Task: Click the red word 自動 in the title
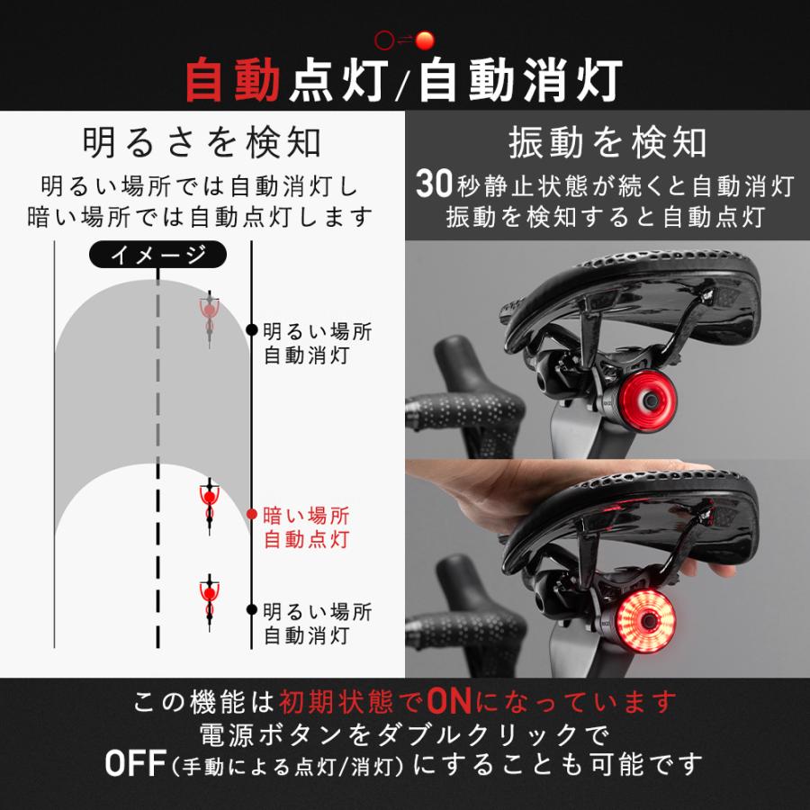coord(233,79)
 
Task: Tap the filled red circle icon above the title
coord(425,40)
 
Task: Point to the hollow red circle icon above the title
coord(383,40)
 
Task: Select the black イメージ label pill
coord(157,254)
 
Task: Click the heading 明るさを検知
coord(202,142)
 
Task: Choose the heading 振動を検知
coord(607,142)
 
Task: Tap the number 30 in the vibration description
coord(435,184)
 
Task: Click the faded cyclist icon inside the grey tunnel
coord(209,318)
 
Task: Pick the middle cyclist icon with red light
coord(209,506)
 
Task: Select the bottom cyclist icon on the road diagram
coord(209,602)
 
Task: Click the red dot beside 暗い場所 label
coord(252,514)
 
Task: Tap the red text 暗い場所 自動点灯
coord(306,527)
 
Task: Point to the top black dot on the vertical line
coord(252,329)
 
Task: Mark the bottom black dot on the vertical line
coord(252,609)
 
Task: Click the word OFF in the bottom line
coord(136,763)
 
